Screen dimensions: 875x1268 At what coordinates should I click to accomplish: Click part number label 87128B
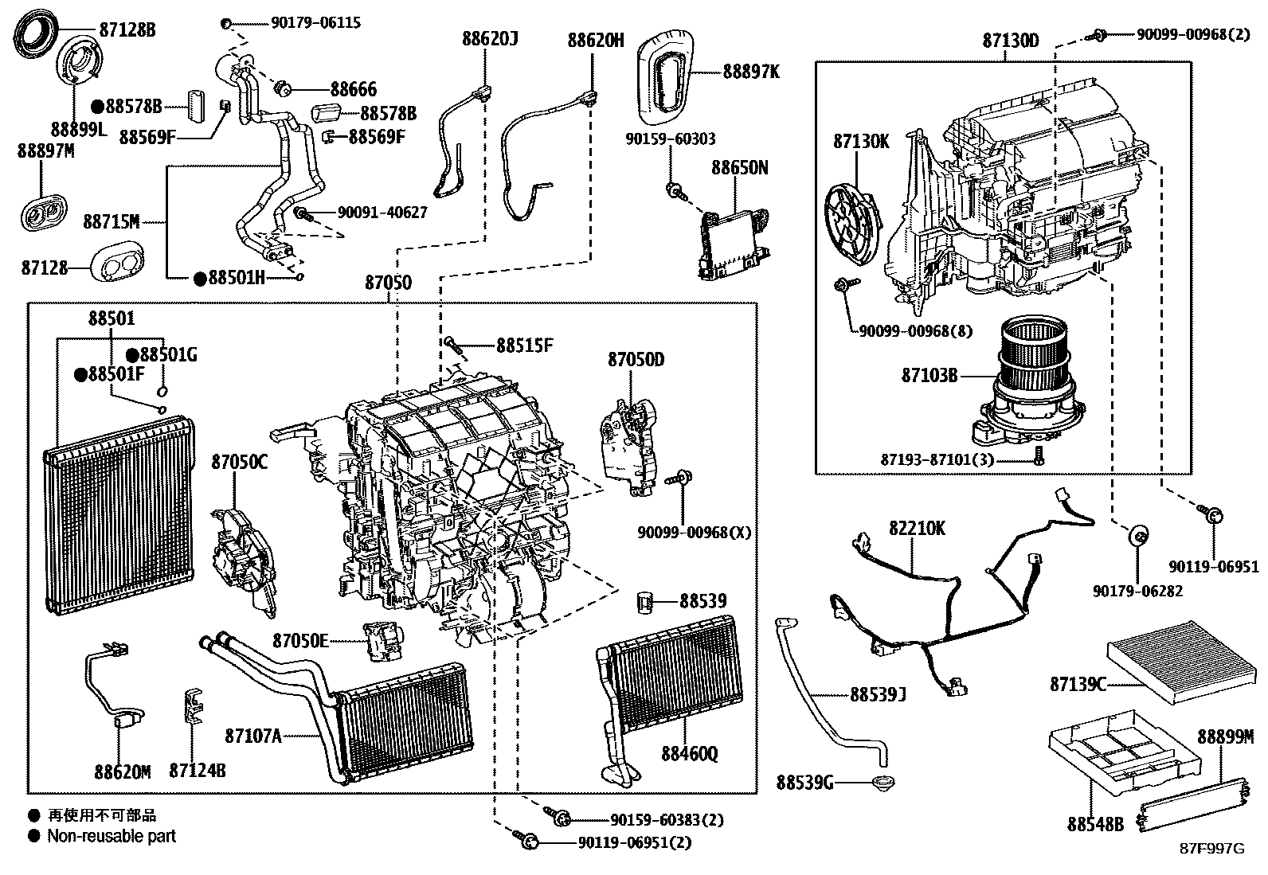(x=127, y=30)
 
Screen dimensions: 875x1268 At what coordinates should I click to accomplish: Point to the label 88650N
(x=740, y=168)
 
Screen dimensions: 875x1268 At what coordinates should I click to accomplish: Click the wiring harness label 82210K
(x=917, y=529)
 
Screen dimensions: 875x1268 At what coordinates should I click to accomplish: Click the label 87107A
(x=252, y=736)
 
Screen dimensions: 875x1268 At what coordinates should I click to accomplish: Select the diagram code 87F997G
(x=1211, y=849)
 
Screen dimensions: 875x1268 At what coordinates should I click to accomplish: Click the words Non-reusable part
(x=111, y=836)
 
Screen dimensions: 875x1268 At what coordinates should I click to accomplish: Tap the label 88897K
(x=751, y=72)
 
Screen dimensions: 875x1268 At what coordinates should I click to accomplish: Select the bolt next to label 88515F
(x=453, y=344)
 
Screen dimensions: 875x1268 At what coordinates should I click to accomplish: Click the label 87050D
(x=636, y=360)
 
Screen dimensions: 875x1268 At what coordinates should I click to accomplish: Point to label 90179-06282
(x=1137, y=591)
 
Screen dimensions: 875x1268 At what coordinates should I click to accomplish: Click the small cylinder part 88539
(x=645, y=601)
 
